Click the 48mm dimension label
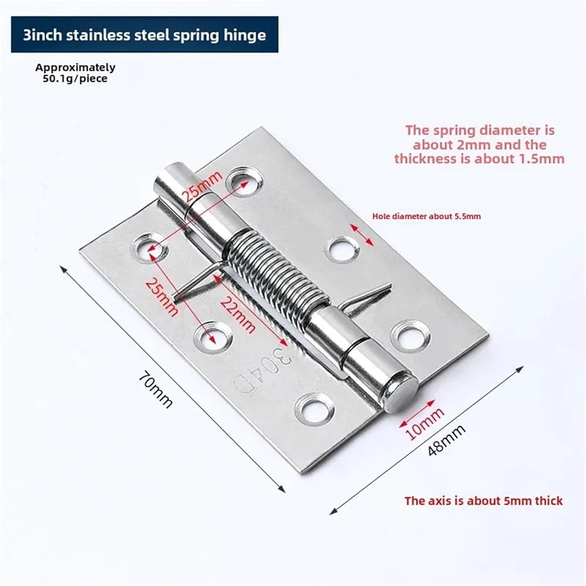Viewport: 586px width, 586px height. tap(447, 439)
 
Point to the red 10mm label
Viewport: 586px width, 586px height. tap(425, 423)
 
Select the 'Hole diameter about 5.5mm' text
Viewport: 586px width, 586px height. tap(427, 216)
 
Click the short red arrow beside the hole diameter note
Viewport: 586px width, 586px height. tap(362, 235)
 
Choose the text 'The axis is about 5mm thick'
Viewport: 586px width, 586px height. tap(483, 501)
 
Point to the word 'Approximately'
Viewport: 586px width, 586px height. tap(76, 67)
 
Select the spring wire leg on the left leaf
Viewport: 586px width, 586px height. tap(198, 280)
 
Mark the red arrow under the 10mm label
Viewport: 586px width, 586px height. tap(417, 414)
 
